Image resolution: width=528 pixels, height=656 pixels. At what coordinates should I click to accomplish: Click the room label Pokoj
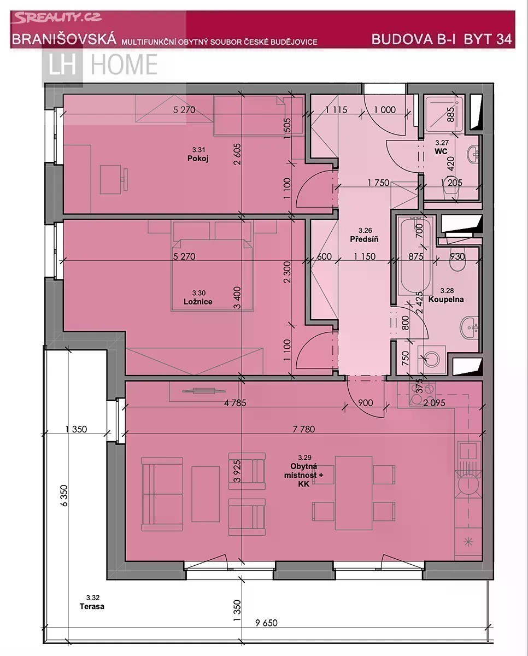click(198, 159)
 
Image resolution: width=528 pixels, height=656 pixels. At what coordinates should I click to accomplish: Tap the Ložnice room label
click(198, 302)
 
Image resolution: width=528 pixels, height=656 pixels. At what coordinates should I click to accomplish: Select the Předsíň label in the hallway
click(364, 239)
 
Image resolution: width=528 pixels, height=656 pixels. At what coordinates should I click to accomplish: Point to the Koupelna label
click(446, 300)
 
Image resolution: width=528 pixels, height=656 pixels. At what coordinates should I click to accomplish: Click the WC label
click(441, 151)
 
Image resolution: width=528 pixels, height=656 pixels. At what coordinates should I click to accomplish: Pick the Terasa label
click(92, 606)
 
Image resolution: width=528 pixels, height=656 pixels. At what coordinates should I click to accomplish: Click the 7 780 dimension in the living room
click(304, 429)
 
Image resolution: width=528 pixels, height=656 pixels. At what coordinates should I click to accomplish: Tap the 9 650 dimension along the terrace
click(266, 623)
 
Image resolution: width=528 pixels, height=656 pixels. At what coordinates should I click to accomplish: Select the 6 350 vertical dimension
click(64, 496)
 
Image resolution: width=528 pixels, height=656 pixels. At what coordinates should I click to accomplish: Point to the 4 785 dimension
click(235, 403)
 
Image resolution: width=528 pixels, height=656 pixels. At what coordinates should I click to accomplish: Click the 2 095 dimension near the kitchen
click(434, 403)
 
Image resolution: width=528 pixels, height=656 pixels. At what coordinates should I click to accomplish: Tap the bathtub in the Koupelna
click(416, 255)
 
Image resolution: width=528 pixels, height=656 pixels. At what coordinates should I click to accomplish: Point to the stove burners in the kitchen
click(422, 394)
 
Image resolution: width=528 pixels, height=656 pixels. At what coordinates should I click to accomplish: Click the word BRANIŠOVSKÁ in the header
click(64, 39)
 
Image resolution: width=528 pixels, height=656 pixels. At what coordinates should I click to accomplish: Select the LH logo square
click(62, 65)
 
